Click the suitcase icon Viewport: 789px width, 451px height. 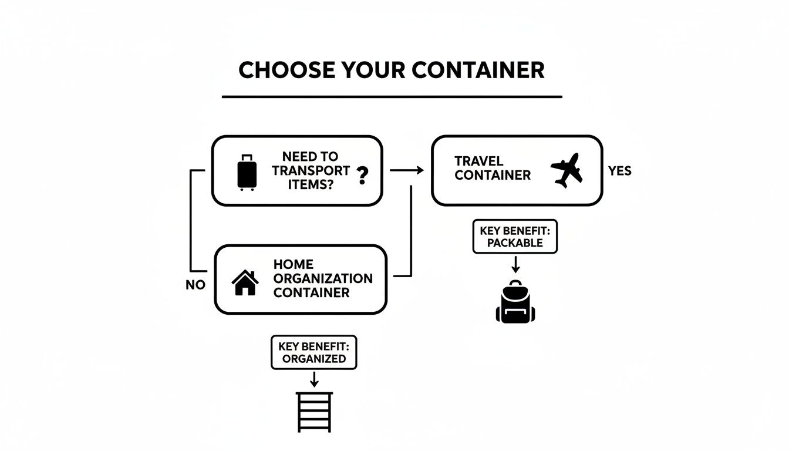pos(247,172)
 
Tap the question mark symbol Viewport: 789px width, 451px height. pos(362,175)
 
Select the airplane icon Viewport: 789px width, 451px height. pos(567,170)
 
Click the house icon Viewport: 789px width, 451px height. pos(245,282)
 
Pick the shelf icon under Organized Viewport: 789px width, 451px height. pos(314,412)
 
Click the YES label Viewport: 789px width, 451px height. pos(619,171)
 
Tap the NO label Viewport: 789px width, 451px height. pos(195,285)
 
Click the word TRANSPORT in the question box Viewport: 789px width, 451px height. pos(311,170)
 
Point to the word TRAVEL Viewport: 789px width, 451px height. pos(478,161)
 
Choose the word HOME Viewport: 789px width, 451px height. pos(293,264)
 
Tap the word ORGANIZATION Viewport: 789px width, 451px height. pos(323,278)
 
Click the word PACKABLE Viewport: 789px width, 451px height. pos(515,243)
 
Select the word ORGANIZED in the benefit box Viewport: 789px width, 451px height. pos(314,358)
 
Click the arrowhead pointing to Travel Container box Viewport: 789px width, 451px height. pos(419,170)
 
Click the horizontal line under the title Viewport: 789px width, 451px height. pos(392,96)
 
